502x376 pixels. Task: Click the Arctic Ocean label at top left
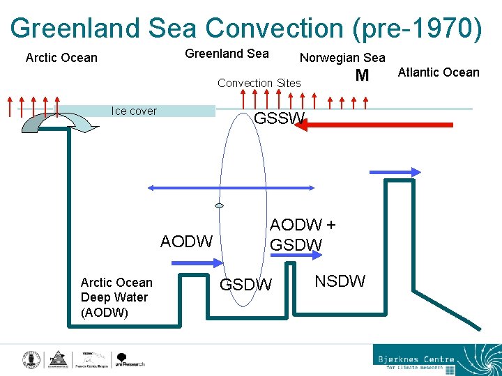point(61,57)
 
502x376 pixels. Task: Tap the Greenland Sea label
point(227,54)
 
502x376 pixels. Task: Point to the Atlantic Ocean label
point(439,72)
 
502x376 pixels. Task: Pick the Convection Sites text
point(259,83)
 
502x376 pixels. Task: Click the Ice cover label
point(134,111)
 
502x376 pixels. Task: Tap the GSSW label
point(278,119)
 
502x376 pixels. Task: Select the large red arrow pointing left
point(376,125)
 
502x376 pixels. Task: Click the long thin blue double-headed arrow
point(231,188)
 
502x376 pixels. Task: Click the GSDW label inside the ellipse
point(245,285)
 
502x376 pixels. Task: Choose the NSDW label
point(340,281)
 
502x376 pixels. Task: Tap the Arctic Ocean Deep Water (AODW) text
point(116,297)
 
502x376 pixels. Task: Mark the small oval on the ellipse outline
point(219,206)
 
